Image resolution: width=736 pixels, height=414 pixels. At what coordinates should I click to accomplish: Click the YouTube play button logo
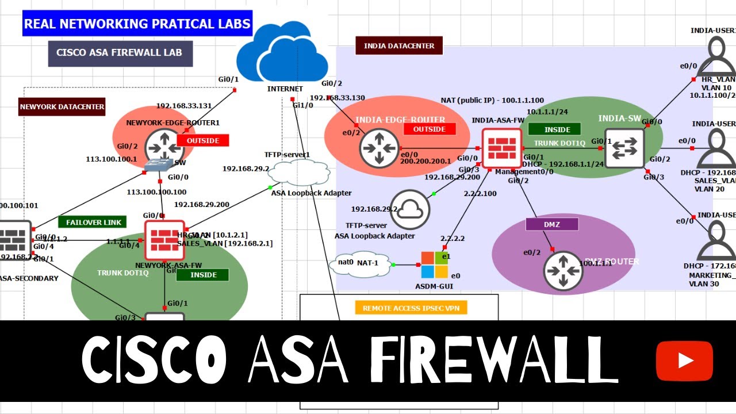[x=684, y=361]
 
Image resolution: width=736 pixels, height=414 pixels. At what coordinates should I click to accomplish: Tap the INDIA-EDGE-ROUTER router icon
[x=379, y=148]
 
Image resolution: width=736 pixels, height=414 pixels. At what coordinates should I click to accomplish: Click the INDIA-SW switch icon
[x=624, y=148]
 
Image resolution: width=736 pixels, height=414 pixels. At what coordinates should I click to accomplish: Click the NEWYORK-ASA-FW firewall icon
[x=164, y=240]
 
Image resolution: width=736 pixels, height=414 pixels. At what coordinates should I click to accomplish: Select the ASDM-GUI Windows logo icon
[x=434, y=265]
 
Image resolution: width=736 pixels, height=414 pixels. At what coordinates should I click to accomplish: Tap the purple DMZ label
[x=552, y=224]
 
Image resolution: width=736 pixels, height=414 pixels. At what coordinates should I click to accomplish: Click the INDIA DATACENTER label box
[x=399, y=45]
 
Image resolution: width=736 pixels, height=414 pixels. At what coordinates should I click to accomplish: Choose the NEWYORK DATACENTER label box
[x=62, y=106]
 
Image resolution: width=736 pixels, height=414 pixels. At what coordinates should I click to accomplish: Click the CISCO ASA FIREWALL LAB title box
[x=120, y=53]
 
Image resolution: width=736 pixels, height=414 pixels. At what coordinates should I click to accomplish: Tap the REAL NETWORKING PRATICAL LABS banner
[x=137, y=24]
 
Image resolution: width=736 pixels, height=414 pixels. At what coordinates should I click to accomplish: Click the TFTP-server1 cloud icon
[x=299, y=171]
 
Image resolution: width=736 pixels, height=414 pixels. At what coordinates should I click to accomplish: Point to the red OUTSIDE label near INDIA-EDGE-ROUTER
[x=430, y=129]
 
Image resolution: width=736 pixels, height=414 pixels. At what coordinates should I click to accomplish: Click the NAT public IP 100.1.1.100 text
[x=492, y=100]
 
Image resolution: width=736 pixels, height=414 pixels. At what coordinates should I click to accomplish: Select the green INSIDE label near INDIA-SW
[x=557, y=129]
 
